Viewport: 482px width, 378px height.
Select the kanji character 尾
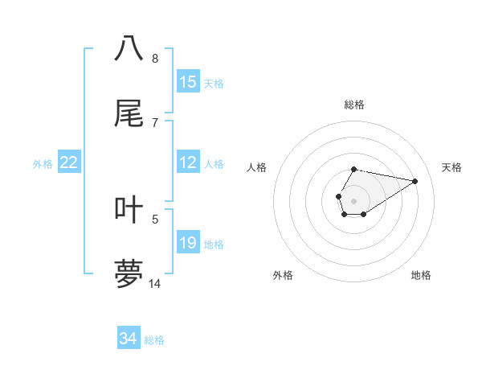[129, 113]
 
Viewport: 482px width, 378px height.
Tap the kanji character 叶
[129, 210]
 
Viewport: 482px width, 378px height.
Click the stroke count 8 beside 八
[154, 58]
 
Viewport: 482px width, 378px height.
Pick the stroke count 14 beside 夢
[155, 284]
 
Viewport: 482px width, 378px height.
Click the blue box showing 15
[188, 82]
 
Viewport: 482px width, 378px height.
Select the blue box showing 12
[188, 162]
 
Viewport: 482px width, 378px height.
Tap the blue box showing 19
[188, 243]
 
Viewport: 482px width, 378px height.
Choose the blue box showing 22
[69, 162]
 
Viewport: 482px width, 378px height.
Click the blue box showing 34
[129, 339]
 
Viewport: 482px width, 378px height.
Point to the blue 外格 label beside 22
[43, 164]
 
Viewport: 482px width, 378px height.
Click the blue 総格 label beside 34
[154, 340]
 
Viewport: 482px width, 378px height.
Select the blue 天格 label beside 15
[214, 84]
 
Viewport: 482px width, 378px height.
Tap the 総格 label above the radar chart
[354, 105]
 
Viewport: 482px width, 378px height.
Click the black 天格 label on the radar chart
[452, 167]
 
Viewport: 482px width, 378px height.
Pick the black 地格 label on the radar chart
[421, 275]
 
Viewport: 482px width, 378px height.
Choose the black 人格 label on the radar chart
[256, 167]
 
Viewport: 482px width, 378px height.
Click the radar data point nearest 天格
[415, 180]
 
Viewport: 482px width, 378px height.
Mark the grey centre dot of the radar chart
[354, 199]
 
